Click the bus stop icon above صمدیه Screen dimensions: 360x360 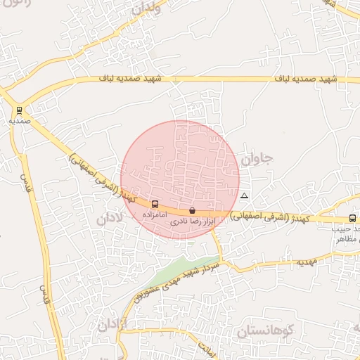[x=19, y=110]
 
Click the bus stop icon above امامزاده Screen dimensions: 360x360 [x=155, y=204]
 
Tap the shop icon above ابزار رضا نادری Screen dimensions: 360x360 [x=192, y=210]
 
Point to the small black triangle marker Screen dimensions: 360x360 [x=244, y=195]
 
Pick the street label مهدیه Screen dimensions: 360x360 [x=307, y=262]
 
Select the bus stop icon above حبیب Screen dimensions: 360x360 [x=352, y=218]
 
